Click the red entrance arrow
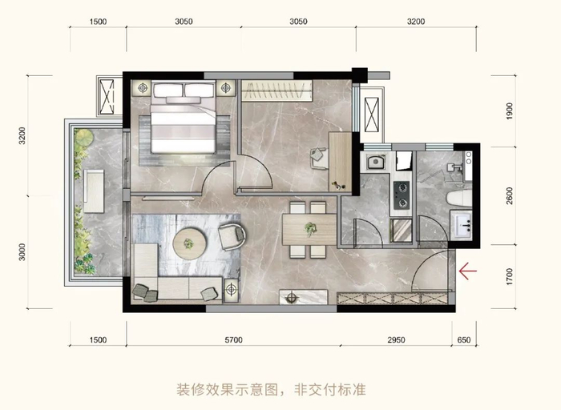coord(467,271)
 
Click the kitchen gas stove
coord(400,191)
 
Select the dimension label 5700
coord(233,340)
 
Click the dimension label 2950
coord(396,340)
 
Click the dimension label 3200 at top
coord(415,22)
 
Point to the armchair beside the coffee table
coord(232,235)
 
